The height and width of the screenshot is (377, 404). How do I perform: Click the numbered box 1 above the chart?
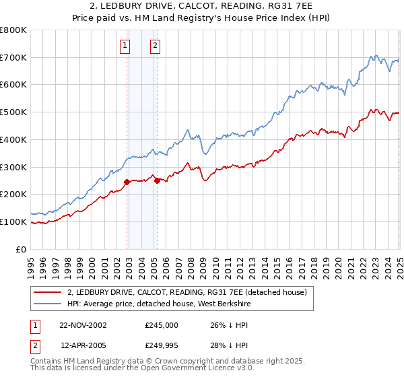point(125,46)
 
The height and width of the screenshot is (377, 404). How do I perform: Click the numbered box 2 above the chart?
point(155,46)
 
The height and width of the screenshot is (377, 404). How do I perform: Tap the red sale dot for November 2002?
point(127,182)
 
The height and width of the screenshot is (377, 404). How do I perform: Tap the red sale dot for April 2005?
point(157,180)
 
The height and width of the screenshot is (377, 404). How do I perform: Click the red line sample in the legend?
point(47,292)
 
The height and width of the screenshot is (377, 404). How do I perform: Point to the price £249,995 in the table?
point(162,346)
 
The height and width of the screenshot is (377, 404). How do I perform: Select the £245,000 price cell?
point(162,324)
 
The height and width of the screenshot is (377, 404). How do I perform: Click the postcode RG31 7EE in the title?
point(297,7)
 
